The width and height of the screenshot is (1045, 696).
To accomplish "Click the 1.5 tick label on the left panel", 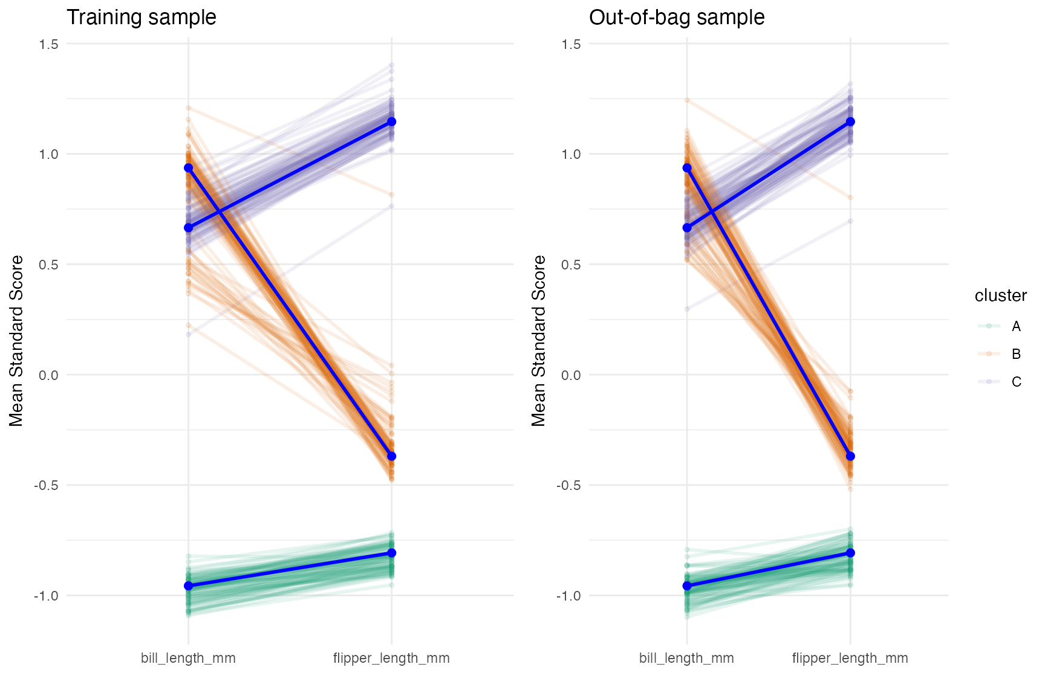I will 48,44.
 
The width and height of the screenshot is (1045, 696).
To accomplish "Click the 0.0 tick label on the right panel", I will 571,375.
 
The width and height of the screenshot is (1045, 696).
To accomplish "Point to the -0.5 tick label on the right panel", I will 568,486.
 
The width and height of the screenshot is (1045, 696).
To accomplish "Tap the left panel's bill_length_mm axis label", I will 188,658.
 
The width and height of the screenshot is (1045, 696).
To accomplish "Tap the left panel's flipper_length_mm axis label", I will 391,658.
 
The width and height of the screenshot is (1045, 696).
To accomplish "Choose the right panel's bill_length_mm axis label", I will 686,658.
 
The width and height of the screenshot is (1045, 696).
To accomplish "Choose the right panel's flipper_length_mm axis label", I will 850,658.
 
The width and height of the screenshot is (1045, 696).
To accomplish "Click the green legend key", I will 989,326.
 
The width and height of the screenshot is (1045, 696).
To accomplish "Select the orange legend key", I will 989,354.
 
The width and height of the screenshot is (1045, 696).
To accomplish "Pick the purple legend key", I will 989,382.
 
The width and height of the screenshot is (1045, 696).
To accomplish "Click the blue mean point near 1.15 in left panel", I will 392,122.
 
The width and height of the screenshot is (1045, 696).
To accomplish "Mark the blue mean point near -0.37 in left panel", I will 392,456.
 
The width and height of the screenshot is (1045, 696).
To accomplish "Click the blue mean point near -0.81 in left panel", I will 392,553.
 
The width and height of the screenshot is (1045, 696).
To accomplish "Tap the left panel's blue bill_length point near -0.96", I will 188,586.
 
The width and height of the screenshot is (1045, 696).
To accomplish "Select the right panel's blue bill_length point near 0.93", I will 687,168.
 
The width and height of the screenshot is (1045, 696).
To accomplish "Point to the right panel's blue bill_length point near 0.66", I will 687,228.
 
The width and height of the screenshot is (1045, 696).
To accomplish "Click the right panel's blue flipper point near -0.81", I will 850,553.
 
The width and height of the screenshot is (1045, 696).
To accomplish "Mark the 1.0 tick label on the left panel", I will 48,154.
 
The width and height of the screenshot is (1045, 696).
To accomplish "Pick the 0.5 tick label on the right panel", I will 571,265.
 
